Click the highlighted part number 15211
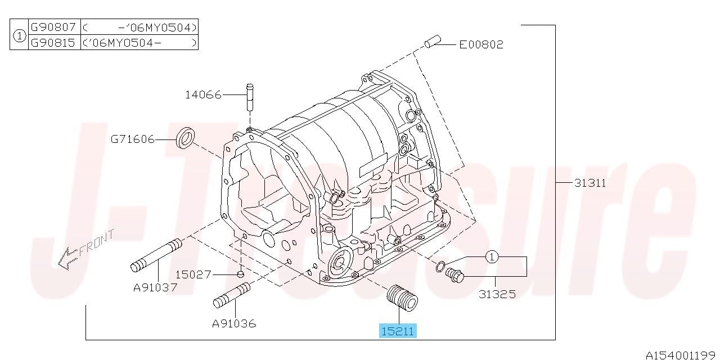398,331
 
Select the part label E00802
481,44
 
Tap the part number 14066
204,95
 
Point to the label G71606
132,139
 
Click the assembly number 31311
590,183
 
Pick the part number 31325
497,294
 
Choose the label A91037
155,287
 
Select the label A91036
234,323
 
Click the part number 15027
193,274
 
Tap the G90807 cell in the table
53,26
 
